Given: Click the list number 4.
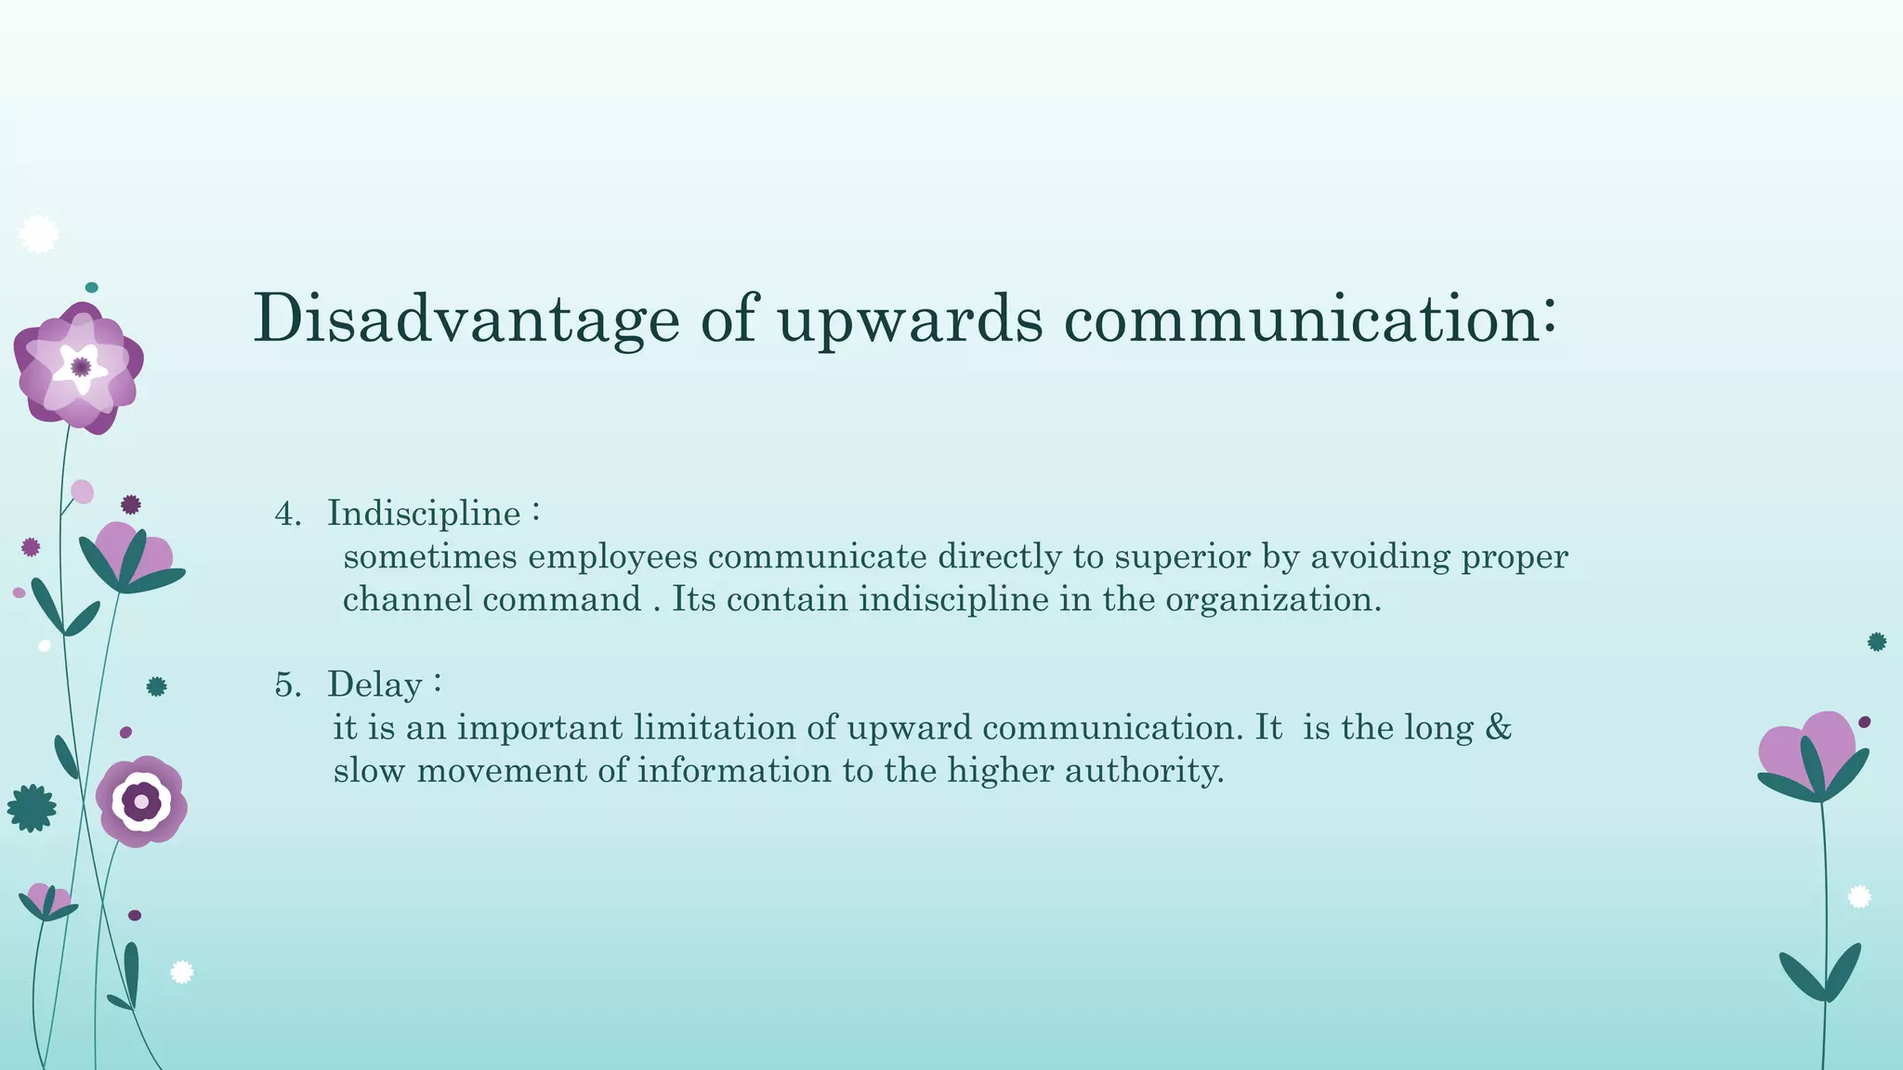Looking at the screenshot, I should tap(287, 515).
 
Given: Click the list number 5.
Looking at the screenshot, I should tap(287, 685).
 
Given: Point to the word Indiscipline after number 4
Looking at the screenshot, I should tap(424, 515).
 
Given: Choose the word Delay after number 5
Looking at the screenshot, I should tap(374, 685).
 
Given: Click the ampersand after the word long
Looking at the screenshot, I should tap(1498, 727).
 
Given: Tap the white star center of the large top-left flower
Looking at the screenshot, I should tap(80, 368).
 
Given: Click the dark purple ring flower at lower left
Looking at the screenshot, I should tap(141, 801).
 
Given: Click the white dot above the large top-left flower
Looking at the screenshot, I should tap(38, 234).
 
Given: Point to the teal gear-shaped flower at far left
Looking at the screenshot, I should tap(31, 808).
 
